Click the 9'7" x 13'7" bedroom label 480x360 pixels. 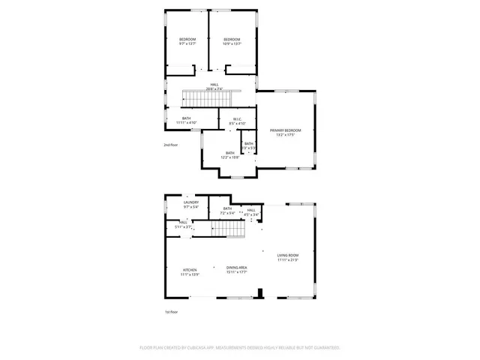[x=187, y=41]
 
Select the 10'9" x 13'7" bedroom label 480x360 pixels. [x=232, y=41]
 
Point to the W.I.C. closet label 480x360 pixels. [x=237, y=121]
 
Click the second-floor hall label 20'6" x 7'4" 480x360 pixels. [x=214, y=87]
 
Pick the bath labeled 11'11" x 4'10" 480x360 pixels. [x=186, y=120]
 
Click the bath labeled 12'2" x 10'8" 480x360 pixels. [x=229, y=155]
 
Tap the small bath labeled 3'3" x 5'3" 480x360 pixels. [x=248, y=145]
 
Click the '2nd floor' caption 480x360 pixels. [x=171, y=145]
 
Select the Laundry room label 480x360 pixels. [x=191, y=204]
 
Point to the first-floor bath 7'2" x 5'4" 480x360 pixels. [x=227, y=211]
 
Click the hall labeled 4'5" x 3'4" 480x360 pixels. [x=251, y=212]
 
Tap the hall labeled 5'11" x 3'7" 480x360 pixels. [x=183, y=224]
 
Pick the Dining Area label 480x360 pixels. [x=238, y=270]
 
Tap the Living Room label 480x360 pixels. [x=288, y=258]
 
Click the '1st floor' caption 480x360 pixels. [x=171, y=311]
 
